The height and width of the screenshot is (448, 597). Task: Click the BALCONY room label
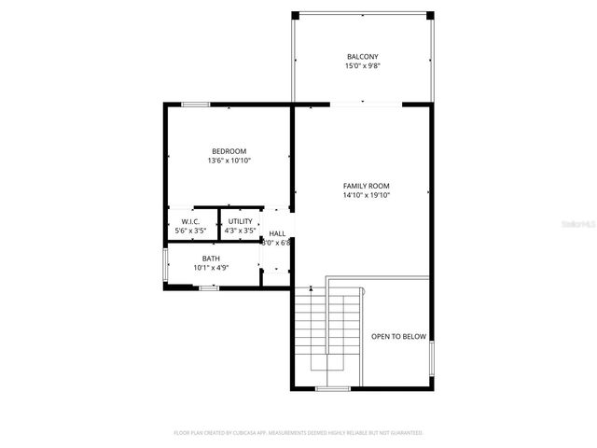(x=363, y=57)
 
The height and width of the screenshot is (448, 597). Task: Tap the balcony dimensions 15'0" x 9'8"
(x=363, y=66)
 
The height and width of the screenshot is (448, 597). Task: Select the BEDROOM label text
(x=229, y=151)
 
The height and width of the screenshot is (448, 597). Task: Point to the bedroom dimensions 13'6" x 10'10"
(x=229, y=161)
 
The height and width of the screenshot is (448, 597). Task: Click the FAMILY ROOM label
(x=366, y=186)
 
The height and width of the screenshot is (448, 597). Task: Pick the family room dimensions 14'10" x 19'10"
(x=366, y=195)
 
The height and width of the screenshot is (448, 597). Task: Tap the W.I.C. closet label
(x=190, y=221)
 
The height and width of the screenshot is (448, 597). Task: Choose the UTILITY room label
(x=241, y=221)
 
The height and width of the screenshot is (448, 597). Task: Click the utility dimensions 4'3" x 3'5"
(x=241, y=231)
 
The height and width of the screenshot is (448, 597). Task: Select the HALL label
(x=277, y=233)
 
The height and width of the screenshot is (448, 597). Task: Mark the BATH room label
(x=211, y=259)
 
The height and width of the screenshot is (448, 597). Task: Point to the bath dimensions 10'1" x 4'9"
(x=211, y=268)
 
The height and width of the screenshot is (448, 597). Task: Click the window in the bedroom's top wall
(x=195, y=104)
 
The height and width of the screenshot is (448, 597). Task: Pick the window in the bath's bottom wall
(x=209, y=288)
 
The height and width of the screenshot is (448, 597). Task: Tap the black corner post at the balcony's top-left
(x=296, y=15)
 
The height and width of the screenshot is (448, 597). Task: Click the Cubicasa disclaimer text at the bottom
(x=298, y=433)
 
